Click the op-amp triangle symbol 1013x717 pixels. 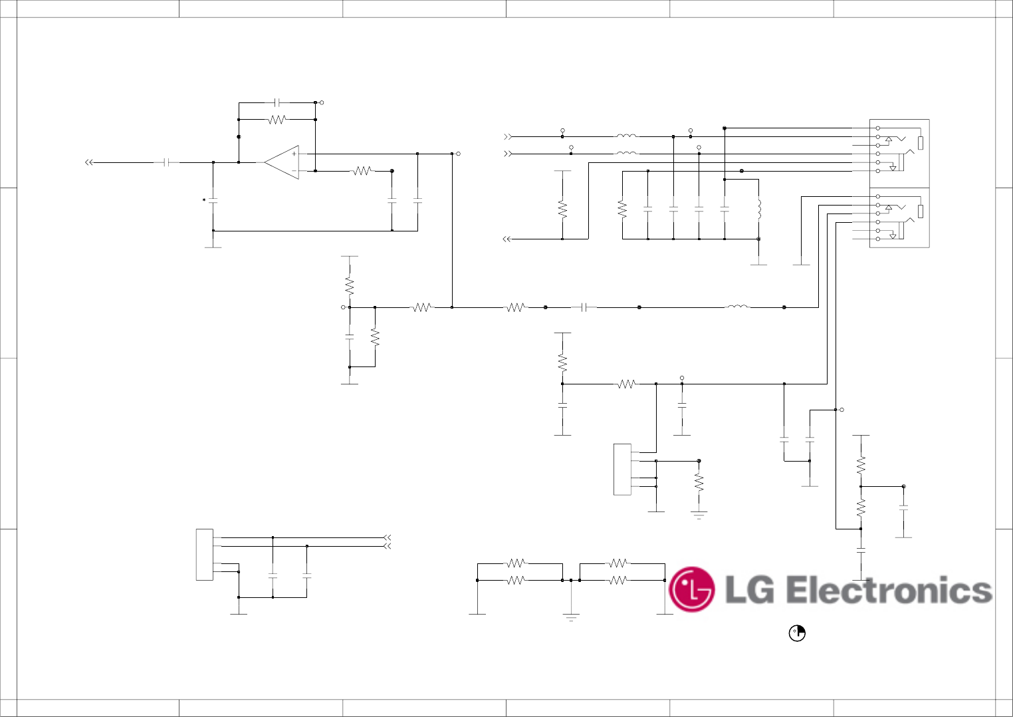point(282,162)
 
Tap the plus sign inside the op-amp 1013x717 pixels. point(294,154)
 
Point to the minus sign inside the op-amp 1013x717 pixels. point(294,171)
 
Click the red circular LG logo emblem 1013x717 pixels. point(691,589)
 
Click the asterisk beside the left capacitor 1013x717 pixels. point(204,200)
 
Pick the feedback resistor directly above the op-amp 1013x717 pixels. point(277,120)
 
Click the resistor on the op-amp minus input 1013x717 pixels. point(362,171)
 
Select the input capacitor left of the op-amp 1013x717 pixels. point(171,162)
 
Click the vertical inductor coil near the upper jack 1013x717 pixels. point(758,209)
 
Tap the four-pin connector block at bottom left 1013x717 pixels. point(204,555)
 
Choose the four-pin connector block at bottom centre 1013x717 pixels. point(622,470)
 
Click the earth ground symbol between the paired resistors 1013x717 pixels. point(571,617)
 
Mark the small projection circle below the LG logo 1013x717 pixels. point(797,633)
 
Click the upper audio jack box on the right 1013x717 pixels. point(899,154)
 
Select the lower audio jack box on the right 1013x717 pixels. point(899,218)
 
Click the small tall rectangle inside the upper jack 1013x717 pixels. point(921,143)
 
